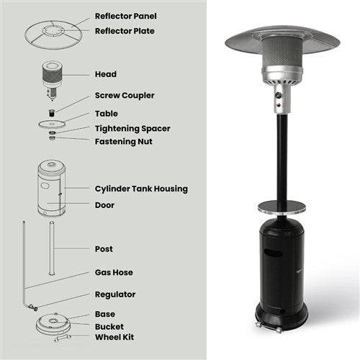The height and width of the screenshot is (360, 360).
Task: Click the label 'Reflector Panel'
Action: [126, 16]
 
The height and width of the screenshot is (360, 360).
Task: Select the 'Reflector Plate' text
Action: [125, 31]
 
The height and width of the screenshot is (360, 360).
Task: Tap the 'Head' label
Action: [105, 74]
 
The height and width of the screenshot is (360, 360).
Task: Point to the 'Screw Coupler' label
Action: [124, 95]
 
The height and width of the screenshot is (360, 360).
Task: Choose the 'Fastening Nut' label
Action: [123, 141]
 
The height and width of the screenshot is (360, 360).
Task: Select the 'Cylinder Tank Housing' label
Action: [141, 189]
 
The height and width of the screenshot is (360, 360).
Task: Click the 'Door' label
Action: [104, 205]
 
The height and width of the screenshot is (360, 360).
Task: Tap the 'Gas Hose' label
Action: [114, 273]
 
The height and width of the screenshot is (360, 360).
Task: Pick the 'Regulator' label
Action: [115, 294]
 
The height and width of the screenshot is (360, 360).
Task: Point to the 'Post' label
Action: [104, 249]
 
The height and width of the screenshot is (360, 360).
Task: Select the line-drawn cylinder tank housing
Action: [52, 190]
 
